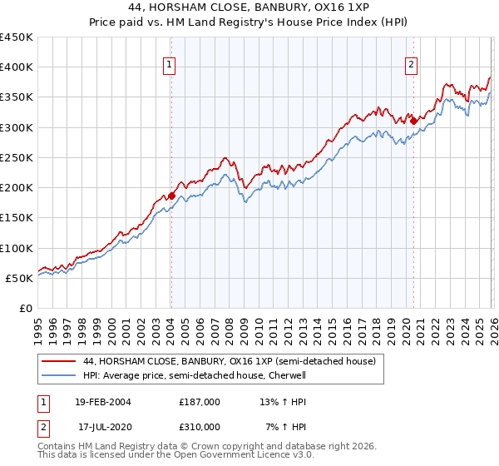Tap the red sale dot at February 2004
[x=172, y=196]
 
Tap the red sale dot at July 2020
[x=413, y=121]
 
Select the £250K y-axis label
[x=17, y=157]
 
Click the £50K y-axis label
[x=20, y=278]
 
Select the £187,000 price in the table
[x=200, y=401]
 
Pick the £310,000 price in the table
[x=200, y=426]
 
